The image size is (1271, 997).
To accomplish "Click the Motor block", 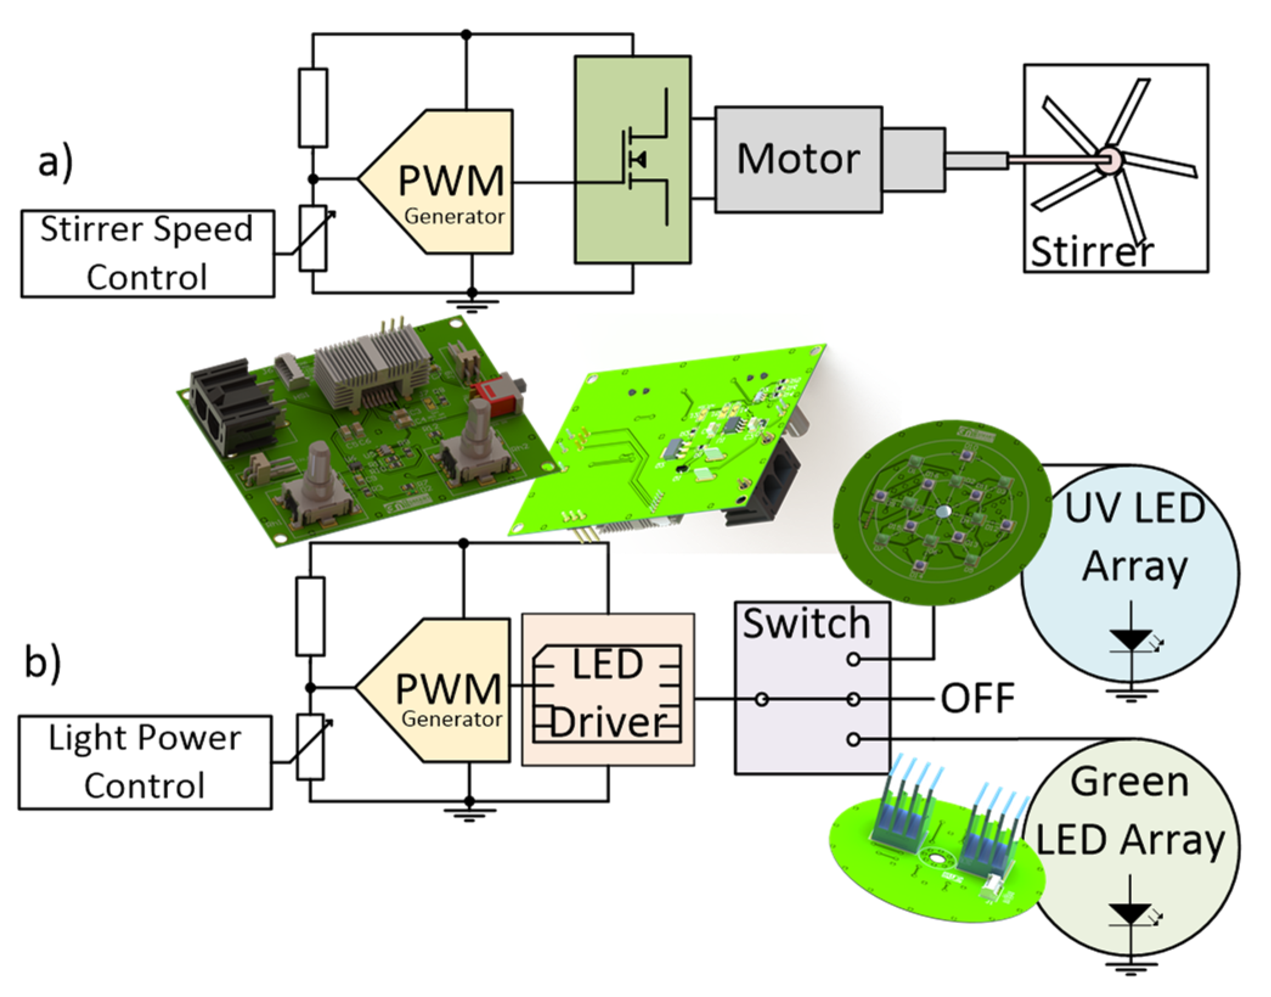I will [x=798, y=159].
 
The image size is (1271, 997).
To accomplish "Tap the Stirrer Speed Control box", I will [x=147, y=254].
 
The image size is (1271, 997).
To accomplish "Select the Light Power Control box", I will [x=145, y=762].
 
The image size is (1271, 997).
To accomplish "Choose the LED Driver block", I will [x=608, y=690].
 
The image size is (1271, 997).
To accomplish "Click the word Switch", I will [x=806, y=623].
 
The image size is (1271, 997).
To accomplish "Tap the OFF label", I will [x=978, y=699].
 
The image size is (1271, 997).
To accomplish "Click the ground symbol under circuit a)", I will [x=471, y=304].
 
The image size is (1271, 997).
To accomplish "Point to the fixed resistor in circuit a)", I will [x=313, y=108].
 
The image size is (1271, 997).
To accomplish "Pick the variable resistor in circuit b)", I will [x=310, y=747].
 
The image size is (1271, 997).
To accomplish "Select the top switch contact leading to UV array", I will [x=854, y=658].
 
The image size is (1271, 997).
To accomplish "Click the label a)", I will [x=55, y=163].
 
